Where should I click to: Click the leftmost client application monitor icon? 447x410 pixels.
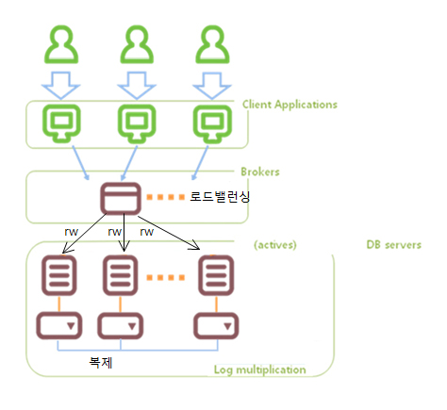tap(61, 123)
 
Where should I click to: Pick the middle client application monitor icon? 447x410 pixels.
tap(137, 123)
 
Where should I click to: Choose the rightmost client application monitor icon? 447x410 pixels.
tap(212, 123)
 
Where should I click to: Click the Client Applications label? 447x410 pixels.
tap(290, 105)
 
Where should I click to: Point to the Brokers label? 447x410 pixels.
tap(260, 172)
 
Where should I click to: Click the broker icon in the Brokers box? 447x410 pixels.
tap(121, 198)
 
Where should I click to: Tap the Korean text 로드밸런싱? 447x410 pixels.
tap(220, 197)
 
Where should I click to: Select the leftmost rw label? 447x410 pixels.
tap(71, 232)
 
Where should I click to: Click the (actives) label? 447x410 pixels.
tap(275, 245)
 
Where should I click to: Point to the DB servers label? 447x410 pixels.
tap(394, 245)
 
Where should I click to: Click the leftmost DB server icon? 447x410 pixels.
tap(59, 275)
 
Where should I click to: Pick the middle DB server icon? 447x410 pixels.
tap(121, 275)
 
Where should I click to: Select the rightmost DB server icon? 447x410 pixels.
tap(216, 275)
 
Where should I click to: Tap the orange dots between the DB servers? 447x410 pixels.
tap(166, 277)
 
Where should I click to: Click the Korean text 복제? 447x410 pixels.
tap(101, 362)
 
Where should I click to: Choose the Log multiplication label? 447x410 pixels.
tap(260, 369)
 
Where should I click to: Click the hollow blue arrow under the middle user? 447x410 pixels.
tap(137, 86)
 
